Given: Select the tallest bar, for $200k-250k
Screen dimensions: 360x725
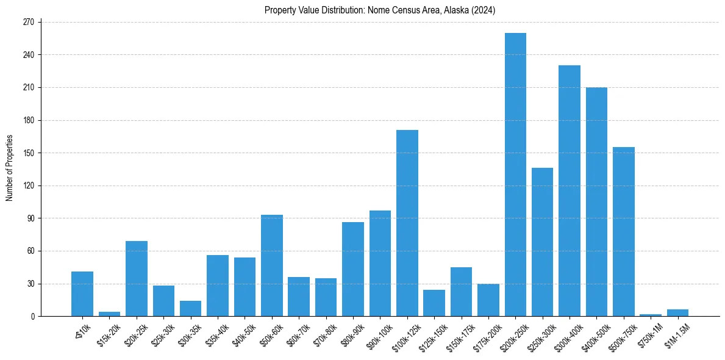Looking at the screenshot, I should [515, 175].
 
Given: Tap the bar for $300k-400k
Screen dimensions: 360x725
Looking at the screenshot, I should [570, 190].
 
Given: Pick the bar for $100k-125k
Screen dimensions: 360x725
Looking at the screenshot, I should [407, 223].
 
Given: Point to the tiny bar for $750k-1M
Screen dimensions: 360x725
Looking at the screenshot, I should [651, 315].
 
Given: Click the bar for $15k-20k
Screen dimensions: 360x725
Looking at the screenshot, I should [110, 314].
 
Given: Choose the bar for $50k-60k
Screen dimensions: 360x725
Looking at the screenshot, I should [272, 265].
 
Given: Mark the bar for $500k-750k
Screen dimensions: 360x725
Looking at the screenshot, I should [624, 232].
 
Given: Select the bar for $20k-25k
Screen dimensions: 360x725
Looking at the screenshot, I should [137, 278].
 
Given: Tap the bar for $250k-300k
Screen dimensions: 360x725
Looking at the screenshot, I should [542, 242].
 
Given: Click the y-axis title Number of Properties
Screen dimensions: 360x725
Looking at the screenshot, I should [10, 168].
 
